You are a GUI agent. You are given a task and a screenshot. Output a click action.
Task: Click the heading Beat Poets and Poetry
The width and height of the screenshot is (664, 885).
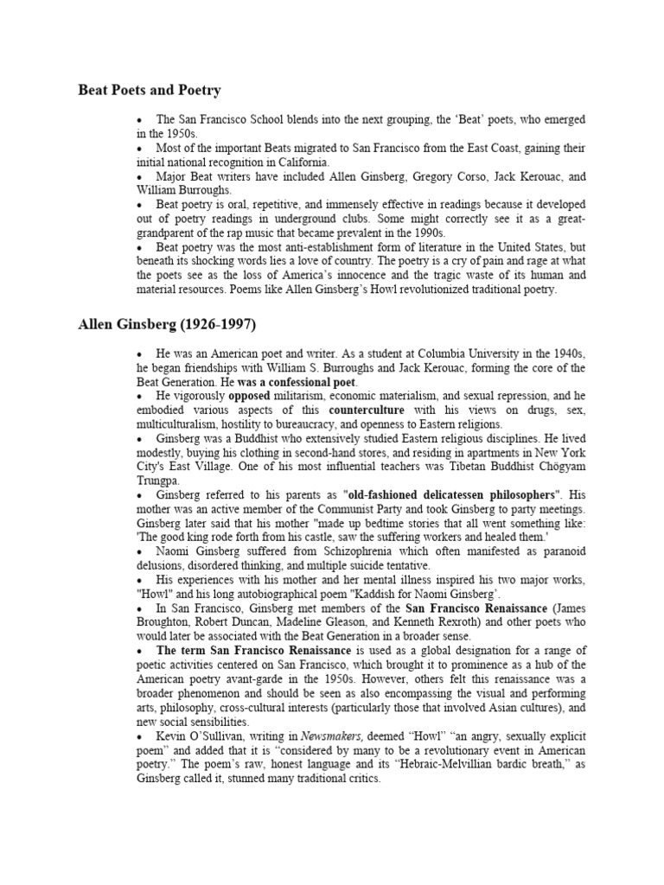(150, 90)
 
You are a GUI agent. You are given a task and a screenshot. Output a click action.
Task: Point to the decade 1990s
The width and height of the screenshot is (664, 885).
(422, 232)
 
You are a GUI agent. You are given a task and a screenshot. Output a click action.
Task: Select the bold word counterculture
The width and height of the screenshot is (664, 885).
(365, 411)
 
